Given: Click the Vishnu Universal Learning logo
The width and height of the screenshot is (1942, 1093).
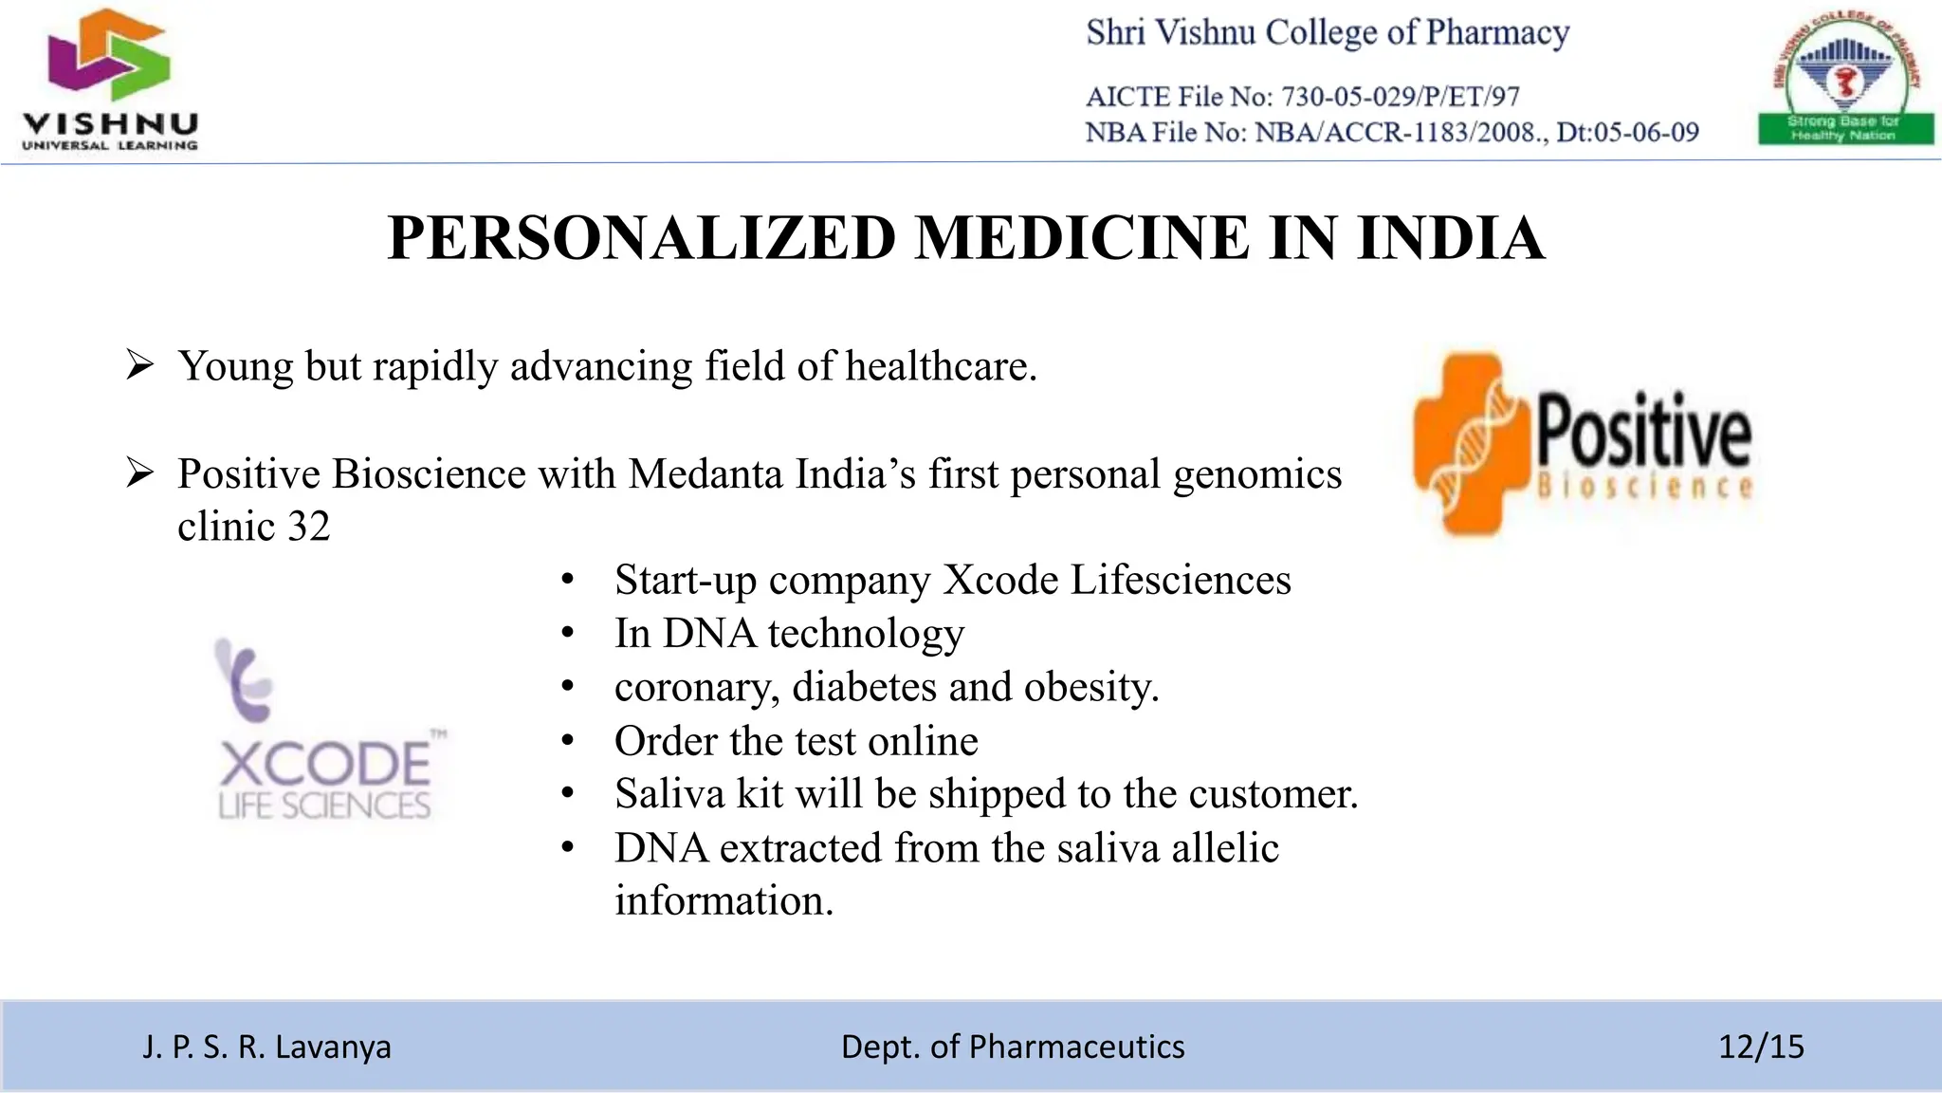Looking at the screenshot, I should [109, 81].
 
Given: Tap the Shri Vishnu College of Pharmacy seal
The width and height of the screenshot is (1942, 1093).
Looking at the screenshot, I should [1845, 80].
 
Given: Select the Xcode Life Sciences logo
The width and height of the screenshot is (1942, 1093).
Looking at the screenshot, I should [325, 731].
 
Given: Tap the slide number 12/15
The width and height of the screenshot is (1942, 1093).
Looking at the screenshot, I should [1761, 1047].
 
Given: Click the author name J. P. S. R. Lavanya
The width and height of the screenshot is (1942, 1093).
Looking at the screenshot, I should [266, 1047].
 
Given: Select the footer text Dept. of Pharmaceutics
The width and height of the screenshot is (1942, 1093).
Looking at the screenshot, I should [1013, 1047].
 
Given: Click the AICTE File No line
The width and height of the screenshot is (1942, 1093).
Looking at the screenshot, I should [1302, 97].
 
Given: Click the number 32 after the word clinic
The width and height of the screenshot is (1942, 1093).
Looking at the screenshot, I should [308, 527].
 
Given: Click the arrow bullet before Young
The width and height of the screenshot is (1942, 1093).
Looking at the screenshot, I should [139, 365].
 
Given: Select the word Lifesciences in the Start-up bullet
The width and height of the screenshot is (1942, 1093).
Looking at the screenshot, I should [1181, 580].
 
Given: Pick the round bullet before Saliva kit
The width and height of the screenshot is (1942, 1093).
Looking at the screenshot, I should [568, 794].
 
